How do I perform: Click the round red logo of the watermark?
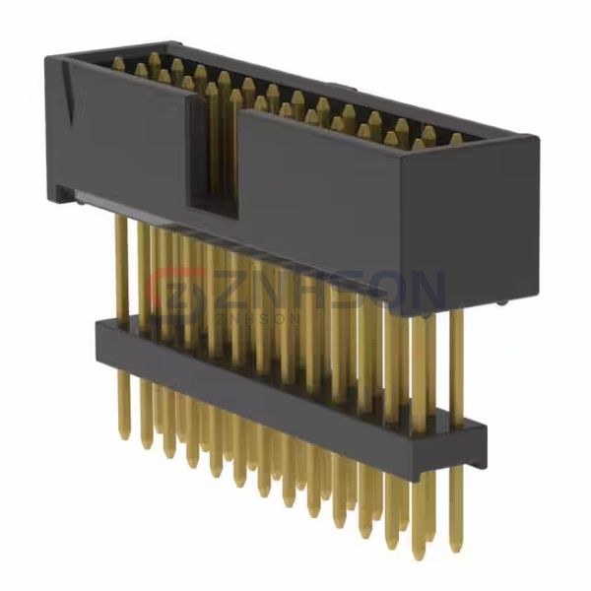pos(178,295)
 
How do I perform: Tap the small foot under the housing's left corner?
pos(65,197)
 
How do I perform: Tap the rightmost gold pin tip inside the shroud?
pos(456,139)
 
